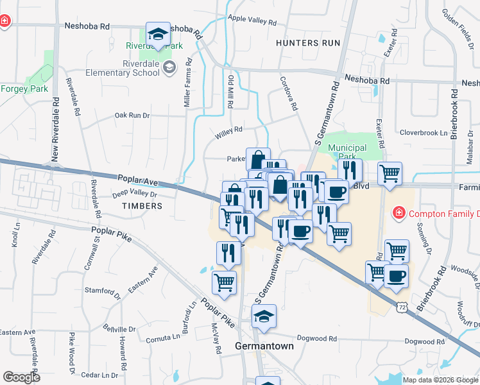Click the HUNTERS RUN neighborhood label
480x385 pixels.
[x=306, y=43]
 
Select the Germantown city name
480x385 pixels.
[x=264, y=346]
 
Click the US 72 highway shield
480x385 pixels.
[x=402, y=309]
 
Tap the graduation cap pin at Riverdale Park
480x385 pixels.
[x=157, y=35]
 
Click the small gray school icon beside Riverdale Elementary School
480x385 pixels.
[x=169, y=67]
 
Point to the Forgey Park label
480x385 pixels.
[x=24, y=89]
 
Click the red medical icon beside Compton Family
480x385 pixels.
[x=398, y=212]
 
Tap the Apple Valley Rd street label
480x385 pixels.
[x=252, y=21]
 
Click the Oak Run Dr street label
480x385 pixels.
[x=132, y=116]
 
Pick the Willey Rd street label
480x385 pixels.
[x=229, y=130]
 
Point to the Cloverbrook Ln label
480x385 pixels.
[x=423, y=133]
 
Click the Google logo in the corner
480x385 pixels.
[x=22, y=377]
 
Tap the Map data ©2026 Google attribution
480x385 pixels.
[x=440, y=380]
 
